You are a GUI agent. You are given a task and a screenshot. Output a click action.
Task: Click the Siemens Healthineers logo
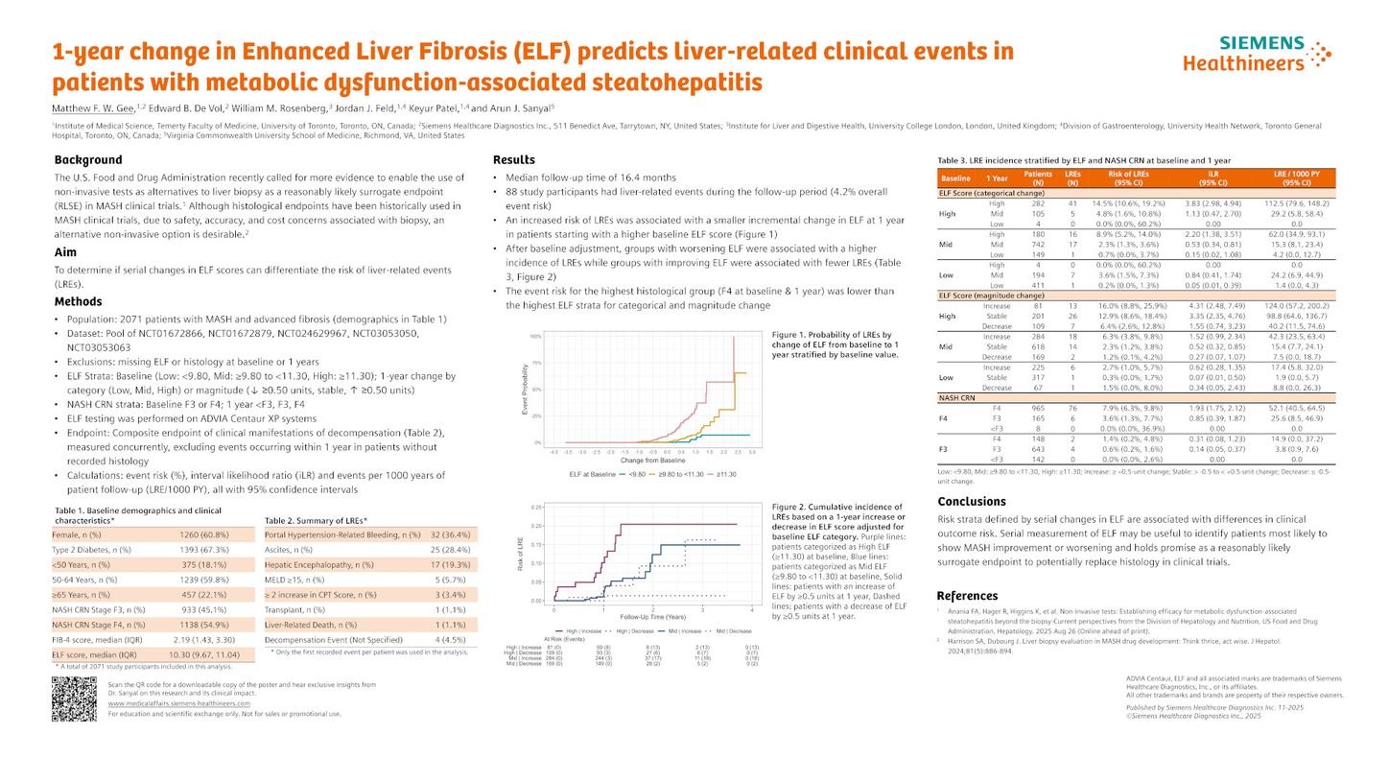1257,54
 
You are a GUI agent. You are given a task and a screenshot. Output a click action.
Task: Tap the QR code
74,699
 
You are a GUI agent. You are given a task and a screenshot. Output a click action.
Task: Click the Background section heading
88,160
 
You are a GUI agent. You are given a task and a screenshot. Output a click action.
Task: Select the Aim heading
65,253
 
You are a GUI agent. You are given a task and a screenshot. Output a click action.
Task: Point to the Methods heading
79,302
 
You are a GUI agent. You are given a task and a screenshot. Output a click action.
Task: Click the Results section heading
513,160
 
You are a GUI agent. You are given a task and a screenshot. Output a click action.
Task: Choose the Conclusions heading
971,502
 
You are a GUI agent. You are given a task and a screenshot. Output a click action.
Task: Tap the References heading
967,596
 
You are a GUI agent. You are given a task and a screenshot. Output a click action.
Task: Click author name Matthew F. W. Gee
93,108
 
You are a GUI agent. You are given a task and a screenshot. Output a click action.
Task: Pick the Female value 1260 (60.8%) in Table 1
203,535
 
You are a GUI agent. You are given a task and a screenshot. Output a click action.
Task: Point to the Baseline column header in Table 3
955,178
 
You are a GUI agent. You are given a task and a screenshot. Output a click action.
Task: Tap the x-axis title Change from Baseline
652,461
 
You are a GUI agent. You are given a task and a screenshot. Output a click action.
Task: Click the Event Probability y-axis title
525,390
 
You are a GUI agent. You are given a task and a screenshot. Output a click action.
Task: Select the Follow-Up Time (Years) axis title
652,617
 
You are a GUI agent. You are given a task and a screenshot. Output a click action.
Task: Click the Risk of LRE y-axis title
521,556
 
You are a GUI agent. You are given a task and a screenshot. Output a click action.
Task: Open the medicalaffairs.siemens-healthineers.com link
178,703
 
